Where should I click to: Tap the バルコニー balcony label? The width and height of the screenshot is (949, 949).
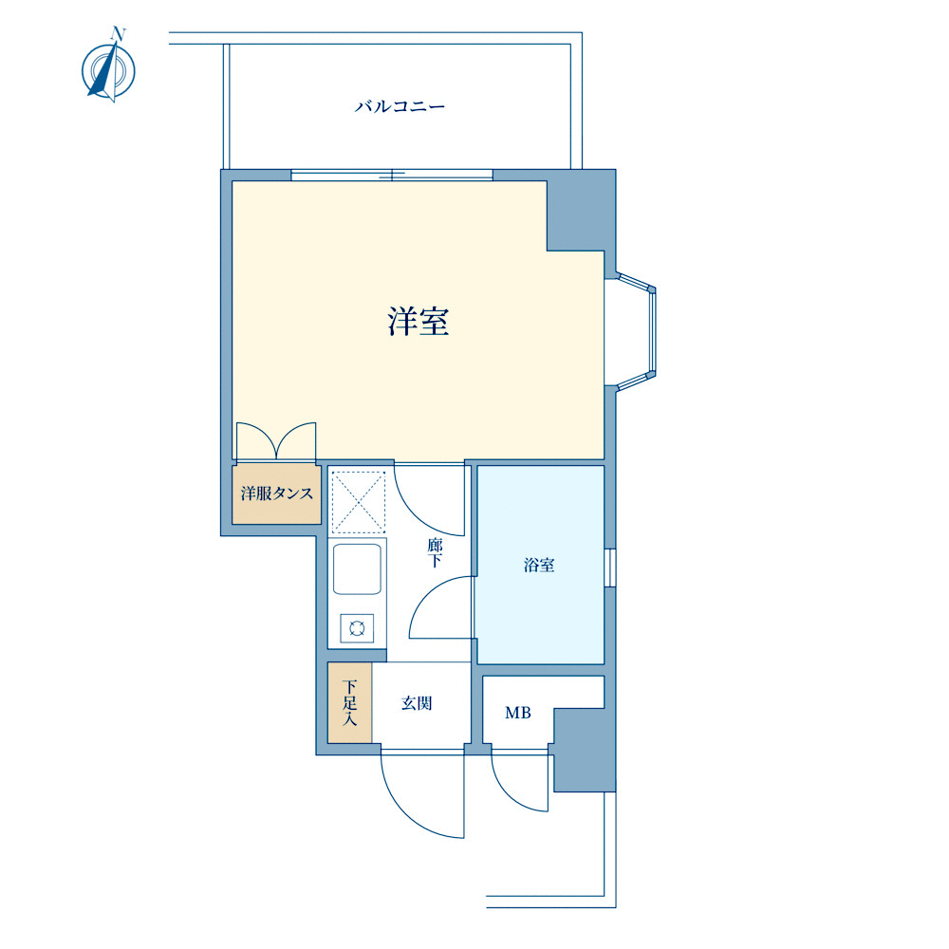400,107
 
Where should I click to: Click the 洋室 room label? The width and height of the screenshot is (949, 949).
419,322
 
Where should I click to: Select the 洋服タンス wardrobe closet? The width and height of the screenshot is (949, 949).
276,493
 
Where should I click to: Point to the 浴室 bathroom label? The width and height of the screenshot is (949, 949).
539,566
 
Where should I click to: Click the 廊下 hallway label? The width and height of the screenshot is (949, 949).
435,552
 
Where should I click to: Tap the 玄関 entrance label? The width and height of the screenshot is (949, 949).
417,703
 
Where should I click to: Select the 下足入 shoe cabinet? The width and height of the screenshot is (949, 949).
350,702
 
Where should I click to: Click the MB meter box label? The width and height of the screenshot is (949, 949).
518,713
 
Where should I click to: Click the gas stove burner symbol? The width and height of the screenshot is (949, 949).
357,627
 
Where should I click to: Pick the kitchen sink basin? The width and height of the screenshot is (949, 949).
357,568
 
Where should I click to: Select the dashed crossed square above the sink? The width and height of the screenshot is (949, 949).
359,502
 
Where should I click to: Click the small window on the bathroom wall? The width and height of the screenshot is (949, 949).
610,568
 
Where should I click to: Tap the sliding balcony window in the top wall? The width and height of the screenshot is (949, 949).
392,176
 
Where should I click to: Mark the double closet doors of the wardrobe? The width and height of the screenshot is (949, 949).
276,441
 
